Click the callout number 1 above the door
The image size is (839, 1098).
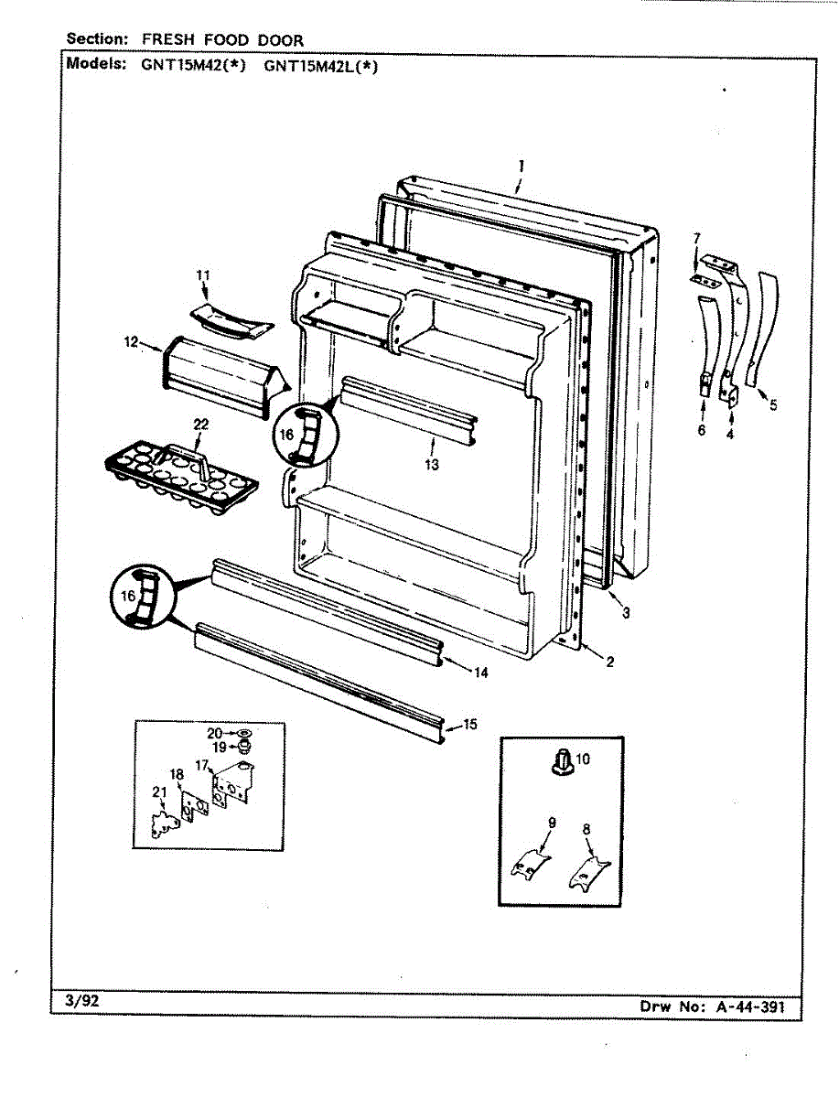pos(520,166)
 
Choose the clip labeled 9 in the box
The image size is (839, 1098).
pos(531,862)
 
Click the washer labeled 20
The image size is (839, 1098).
pos(242,733)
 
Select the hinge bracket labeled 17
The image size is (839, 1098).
pos(231,783)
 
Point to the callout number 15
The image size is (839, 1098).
pos(469,725)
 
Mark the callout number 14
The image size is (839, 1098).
pos(481,673)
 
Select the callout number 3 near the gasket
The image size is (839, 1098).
pos(625,613)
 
